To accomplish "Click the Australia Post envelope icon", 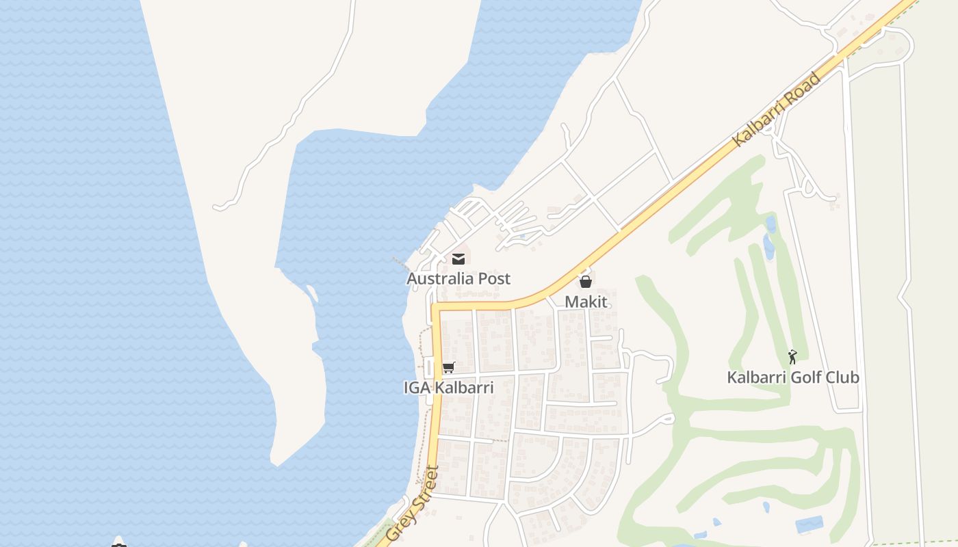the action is (x=458, y=259).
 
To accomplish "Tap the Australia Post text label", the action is (x=458, y=279).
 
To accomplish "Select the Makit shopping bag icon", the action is (x=586, y=281).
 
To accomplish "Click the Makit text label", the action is (x=586, y=302).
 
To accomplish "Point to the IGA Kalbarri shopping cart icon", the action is (x=448, y=368).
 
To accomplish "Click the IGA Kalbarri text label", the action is (x=448, y=388).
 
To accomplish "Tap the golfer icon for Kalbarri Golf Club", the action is (x=792, y=357).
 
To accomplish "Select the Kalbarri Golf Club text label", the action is (x=792, y=377).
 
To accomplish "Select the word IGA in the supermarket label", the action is (x=416, y=388).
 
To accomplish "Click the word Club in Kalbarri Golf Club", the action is (x=841, y=377).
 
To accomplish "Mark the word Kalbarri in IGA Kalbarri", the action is (x=463, y=388).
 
